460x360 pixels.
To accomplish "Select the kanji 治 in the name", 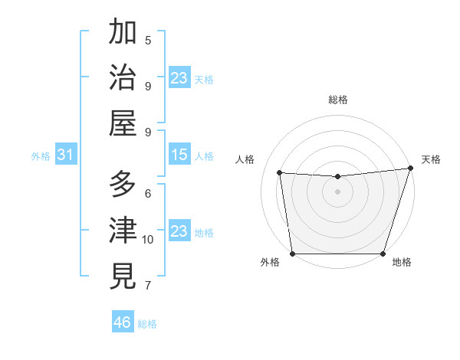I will point(123,77).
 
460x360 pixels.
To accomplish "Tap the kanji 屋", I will point(123,123).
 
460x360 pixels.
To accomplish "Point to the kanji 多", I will point(123,185).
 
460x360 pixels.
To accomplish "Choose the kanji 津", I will point(123,231).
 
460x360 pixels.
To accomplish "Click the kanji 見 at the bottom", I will point(123,276).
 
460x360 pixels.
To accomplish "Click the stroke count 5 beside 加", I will point(148,40).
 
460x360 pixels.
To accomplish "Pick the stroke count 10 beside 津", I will point(148,240).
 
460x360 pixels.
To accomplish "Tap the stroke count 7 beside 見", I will point(148,286).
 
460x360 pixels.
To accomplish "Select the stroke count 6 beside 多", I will point(148,193).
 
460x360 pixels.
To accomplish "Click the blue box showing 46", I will point(123,322).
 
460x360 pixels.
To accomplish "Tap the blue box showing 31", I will point(65,155).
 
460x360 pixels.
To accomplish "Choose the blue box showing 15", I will point(179,155).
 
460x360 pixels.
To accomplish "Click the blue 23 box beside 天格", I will point(179,78).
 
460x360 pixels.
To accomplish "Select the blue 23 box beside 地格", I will point(179,231).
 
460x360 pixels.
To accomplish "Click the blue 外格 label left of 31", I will point(41,156).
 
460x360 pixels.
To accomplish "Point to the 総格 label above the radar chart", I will point(338,100).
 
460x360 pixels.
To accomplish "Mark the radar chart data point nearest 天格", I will point(409,169).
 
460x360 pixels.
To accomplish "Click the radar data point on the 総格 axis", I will point(337,177).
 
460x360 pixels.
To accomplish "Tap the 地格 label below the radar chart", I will point(402,263).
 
